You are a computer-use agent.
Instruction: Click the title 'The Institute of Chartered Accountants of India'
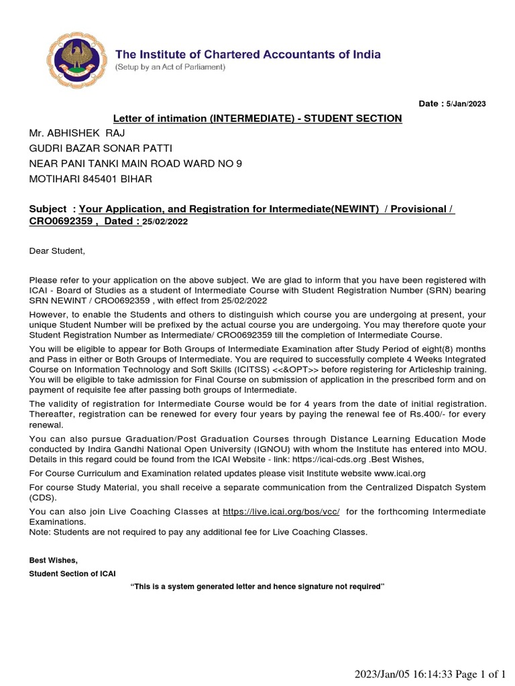coord(248,54)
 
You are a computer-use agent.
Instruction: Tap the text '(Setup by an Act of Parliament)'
coord(170,68)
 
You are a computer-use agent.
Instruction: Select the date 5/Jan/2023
coord(467,104)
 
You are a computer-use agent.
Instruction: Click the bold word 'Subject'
coord(48,209)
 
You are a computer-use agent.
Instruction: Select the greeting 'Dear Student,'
coord(58,251)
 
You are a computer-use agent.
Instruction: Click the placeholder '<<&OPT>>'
coord(286,370)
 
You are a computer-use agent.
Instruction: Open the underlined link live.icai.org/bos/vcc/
coord(282,511)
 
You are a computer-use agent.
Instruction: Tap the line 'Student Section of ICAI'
coord(63,573)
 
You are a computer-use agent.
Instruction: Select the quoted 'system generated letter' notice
coord(257,586)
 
